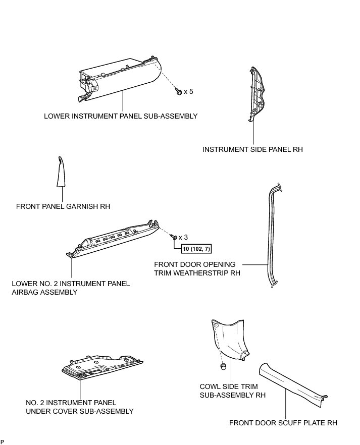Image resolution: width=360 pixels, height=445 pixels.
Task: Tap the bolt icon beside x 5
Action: point(179,92)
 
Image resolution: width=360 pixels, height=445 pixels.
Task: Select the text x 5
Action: point(189,92)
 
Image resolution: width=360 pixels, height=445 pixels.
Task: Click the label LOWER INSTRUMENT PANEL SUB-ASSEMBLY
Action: point(120,116)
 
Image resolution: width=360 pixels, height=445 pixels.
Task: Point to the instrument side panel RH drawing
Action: point(256,96)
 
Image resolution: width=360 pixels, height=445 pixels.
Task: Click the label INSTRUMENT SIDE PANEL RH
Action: point(252,149)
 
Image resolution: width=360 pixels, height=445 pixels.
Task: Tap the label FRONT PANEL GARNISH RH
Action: point(63,206)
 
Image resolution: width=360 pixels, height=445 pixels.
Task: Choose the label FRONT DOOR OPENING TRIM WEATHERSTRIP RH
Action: point(197,268)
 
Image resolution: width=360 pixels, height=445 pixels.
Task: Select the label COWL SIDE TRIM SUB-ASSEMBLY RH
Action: point(233,391)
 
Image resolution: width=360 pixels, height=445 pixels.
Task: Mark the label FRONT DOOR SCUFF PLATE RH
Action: point(283,423)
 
